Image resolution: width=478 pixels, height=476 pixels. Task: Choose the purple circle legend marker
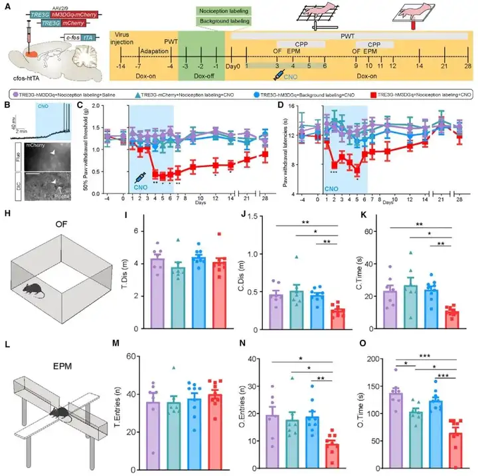click(13, 95)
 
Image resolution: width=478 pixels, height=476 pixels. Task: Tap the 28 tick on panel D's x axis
click(457, 199)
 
